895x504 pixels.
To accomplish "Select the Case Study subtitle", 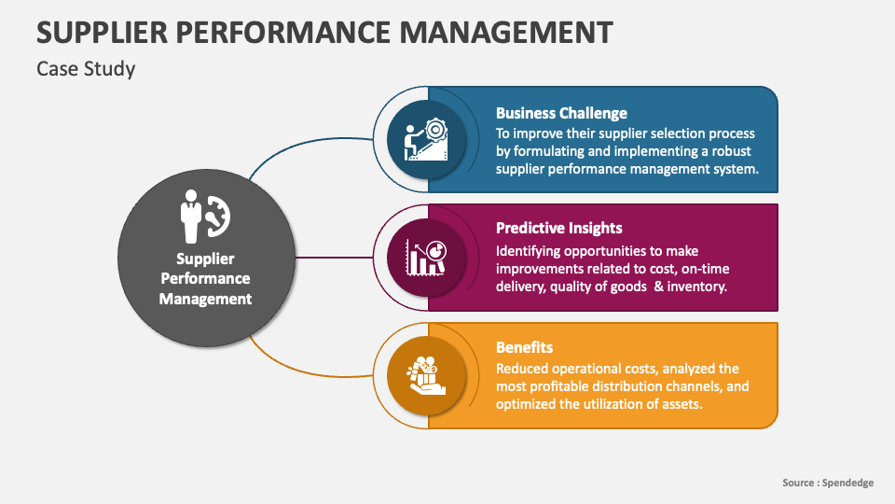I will (x=86, y=69).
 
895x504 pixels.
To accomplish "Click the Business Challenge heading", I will (x=561, y=114).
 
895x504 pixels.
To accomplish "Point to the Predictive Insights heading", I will (x=558, y=228).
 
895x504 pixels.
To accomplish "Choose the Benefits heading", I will (x=524, y=347).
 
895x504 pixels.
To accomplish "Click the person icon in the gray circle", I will (x=191, y=214).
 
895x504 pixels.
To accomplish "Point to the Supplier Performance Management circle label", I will (x=205, y=278).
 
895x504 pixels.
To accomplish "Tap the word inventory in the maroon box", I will (x=697, y=287).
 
